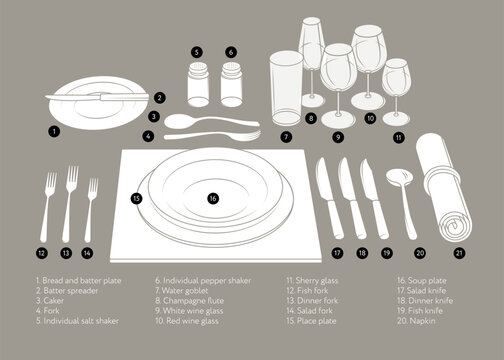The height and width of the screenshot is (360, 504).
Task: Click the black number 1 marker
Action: (x=54, y=131)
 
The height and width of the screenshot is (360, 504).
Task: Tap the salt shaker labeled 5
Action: (x=198, y=84)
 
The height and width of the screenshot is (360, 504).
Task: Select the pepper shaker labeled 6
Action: (x=231, y=84)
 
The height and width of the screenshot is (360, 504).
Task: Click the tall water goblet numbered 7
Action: (x=286, y=88)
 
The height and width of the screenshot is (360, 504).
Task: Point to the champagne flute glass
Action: (x=312, y=62)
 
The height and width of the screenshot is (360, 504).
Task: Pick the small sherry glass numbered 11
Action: (x=396, y=92)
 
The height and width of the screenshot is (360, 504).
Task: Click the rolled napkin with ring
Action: (x=443, y=187)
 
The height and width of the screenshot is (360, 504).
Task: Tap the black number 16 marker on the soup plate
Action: (x=213, y=199)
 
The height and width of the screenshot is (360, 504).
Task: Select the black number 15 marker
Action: (x=136, y=199)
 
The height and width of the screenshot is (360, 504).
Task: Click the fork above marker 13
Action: (x=69, y=204)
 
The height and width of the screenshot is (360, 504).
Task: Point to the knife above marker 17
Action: (x=329, y=198)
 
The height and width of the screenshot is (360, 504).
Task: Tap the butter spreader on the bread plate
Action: (x=97, y=97)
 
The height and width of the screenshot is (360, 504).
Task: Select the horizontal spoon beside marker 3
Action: (x=211, y=121)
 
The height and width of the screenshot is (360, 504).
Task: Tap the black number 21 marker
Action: (x=459, y=253)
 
